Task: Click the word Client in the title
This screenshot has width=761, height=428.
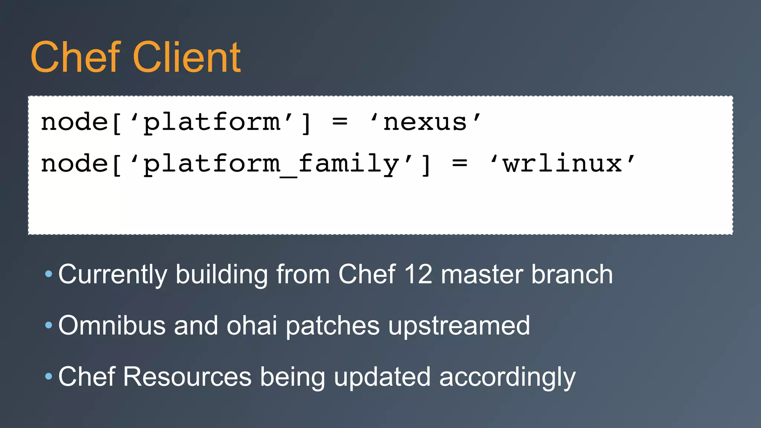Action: pos(187,58)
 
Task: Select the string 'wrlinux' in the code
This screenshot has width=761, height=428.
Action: pos(562,164)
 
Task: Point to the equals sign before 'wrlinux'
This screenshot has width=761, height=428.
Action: pos(460,163)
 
